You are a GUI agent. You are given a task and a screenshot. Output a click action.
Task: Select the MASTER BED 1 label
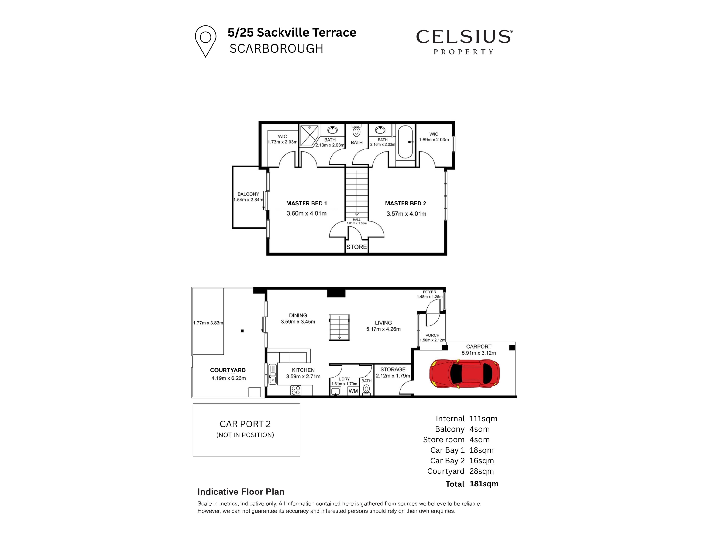tap(306, 203)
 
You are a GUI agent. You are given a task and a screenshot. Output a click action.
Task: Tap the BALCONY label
tap(248, 194)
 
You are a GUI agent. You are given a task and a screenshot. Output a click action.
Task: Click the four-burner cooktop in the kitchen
tap(296, 390)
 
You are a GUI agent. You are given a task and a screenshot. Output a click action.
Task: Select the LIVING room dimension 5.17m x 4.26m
tap(383, 329)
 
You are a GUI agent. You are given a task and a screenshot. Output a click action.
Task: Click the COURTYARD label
tap(228, 370)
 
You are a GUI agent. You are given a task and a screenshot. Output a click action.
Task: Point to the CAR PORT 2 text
tap(245, 424)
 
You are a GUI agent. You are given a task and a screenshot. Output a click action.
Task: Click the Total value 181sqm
tap(484, 484)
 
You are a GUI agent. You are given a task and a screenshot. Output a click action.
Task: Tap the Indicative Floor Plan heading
tap(241, 492)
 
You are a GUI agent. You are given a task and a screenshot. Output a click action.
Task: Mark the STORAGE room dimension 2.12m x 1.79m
tap(393, 376)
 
